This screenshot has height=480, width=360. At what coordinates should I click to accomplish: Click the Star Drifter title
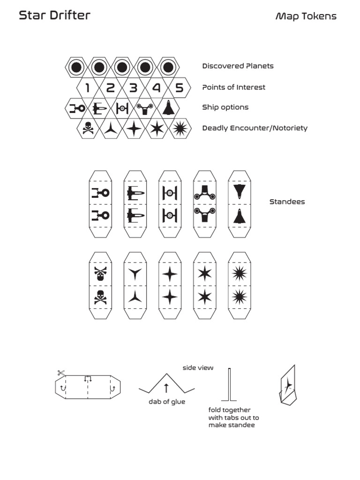pyautogui.click(x=54, y=15)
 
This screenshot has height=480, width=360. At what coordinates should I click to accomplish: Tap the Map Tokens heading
pyautogui.click(x=306, y=16)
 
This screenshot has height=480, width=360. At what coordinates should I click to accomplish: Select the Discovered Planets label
pyautogui.click(x=238, y=66)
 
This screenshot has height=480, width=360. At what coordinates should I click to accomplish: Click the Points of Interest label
pyautogui.click(x=233, y=87)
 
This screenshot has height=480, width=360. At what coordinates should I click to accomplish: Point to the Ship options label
pyautogui.click(x=225, y=107)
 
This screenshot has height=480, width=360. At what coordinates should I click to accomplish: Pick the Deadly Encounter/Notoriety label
pyautogui.click(x=255, y=128)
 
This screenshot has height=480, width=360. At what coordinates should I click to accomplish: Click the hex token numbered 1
pyautogui.click(x=88, y=88)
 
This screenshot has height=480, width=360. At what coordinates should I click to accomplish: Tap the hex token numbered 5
pyautogui.click(x=179, y=88)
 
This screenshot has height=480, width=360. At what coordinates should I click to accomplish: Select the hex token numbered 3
pyautogui.click(x=134, y=88)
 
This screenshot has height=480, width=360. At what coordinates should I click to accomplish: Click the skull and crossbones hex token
pyautogui.click(x=88, y=128)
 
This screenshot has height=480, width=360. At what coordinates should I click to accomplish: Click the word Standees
pyautogui.click(x=287, y=202)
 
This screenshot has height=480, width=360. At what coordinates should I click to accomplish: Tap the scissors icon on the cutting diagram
pyautogui.click(x=61, y=373)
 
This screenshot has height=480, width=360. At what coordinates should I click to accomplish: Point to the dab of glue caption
pyautogui.click(x=167, y=402)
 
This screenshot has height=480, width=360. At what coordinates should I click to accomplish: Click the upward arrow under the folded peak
pyautogui.click(x=166, y=388)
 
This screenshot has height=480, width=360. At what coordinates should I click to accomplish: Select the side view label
pyautogui.click(x=198, y=368)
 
